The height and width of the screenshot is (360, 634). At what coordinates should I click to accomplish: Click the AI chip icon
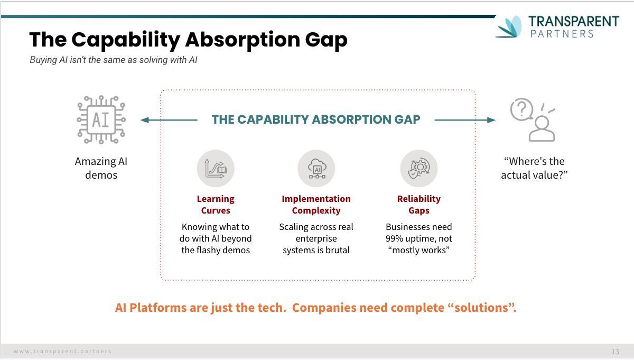(x=101, y=119)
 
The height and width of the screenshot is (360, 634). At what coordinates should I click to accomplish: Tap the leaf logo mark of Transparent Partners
(x=509, y=26)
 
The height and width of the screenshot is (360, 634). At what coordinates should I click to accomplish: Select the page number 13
(x=615, y=352)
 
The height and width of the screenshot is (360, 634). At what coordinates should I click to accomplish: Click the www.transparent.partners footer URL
(x=62, y=351)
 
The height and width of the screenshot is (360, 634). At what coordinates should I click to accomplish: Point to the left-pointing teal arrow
(x=169, y=120)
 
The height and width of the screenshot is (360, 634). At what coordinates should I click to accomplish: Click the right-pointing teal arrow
(x=465, y=120)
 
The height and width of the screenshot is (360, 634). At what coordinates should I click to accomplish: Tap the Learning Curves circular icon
(x=216, y=169)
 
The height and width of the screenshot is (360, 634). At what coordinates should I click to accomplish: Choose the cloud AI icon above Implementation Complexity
(x=316, y=169)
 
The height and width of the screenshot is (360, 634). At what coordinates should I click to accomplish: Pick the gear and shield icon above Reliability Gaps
(x=419, y=169)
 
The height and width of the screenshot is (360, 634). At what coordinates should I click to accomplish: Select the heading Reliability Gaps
(x=419, y=205)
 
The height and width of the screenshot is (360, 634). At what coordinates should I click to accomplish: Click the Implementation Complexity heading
(x=316, y=205)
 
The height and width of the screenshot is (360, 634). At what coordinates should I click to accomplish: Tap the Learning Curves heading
(x=216, y=205)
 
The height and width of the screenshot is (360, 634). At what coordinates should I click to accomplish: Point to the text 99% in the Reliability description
(x=394, y=238)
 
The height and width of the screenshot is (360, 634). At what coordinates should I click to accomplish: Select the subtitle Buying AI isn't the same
(x=114, y=60)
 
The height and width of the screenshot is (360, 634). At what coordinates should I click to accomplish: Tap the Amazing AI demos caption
(x=101, y=168)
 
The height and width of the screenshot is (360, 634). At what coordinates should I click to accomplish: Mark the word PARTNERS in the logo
(x=562, y=34)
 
